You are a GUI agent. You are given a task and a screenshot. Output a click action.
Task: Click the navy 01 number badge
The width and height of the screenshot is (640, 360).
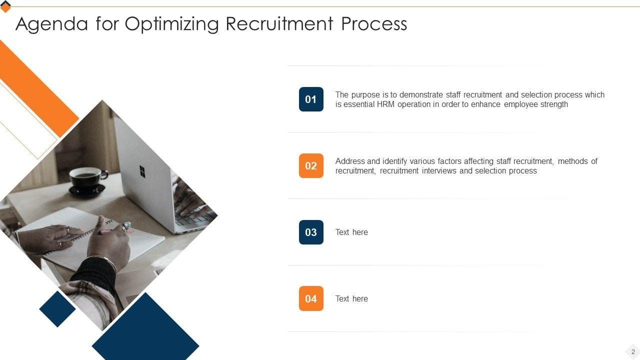tap(311, 99)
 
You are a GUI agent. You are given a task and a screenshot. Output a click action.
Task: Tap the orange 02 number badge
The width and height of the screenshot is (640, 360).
tap(311, 165)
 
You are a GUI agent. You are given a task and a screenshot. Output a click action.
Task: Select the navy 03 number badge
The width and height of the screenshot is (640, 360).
tap(311, 232)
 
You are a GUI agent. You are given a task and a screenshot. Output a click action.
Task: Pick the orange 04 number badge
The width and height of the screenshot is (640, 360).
tap(311, 298)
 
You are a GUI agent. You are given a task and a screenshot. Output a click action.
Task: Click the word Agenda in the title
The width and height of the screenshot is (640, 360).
tap(51, 24)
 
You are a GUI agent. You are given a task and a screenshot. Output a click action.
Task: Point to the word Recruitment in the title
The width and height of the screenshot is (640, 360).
tap(279, 23)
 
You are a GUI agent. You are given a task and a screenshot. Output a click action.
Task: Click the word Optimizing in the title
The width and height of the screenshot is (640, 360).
tap(171, 24)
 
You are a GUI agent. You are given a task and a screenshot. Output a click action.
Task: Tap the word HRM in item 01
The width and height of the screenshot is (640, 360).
tap(385, 104)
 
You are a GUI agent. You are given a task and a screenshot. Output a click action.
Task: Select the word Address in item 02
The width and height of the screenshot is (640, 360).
tap(350, 161)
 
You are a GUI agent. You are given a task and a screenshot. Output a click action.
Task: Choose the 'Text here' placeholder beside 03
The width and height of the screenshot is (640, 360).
tap(351, 232)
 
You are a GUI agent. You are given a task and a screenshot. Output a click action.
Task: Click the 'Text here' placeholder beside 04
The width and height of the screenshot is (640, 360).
tap(351, 299)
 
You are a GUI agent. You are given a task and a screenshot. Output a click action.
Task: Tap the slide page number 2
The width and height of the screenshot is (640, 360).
tap(633, 351)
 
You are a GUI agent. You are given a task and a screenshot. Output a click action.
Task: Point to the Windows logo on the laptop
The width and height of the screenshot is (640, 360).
tap(142, 171)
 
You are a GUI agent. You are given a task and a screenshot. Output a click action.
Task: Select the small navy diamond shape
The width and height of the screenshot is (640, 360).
tap(57, 309)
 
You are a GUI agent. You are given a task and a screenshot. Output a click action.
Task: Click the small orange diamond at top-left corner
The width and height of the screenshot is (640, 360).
tap(5, 7)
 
